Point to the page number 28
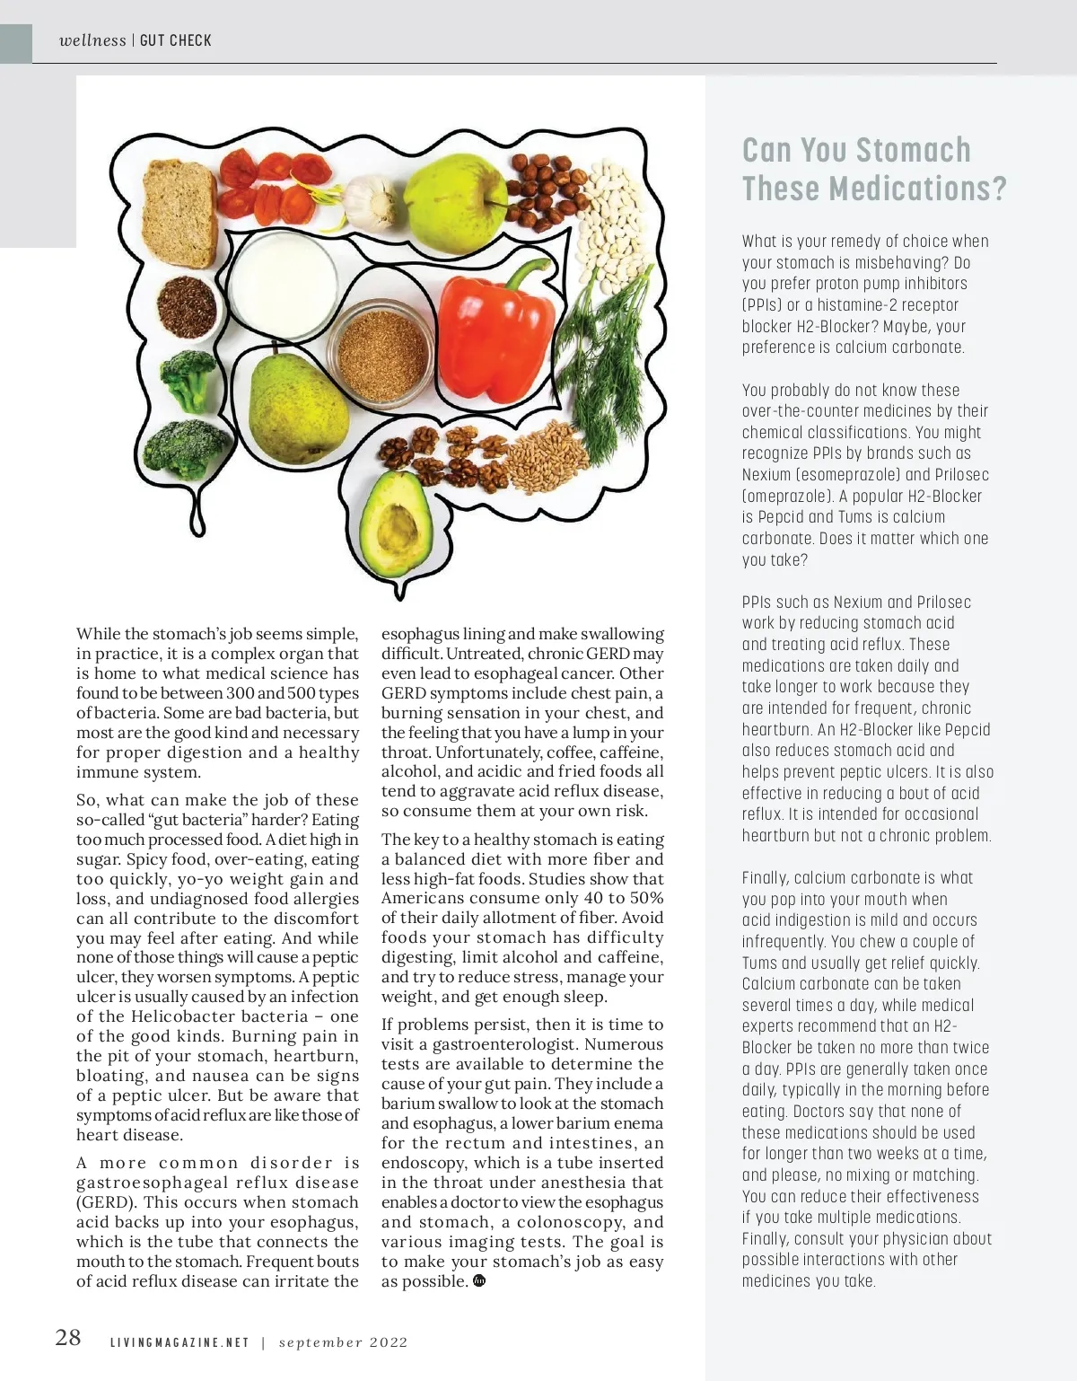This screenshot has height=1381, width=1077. (x=68, y=1338)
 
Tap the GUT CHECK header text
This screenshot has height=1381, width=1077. (x=176, y=40)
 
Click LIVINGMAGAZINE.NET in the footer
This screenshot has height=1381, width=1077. (x=179, y=1342)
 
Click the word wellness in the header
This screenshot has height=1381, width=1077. (x=92, y=40)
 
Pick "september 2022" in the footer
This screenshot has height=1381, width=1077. (x=343, y=1342)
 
